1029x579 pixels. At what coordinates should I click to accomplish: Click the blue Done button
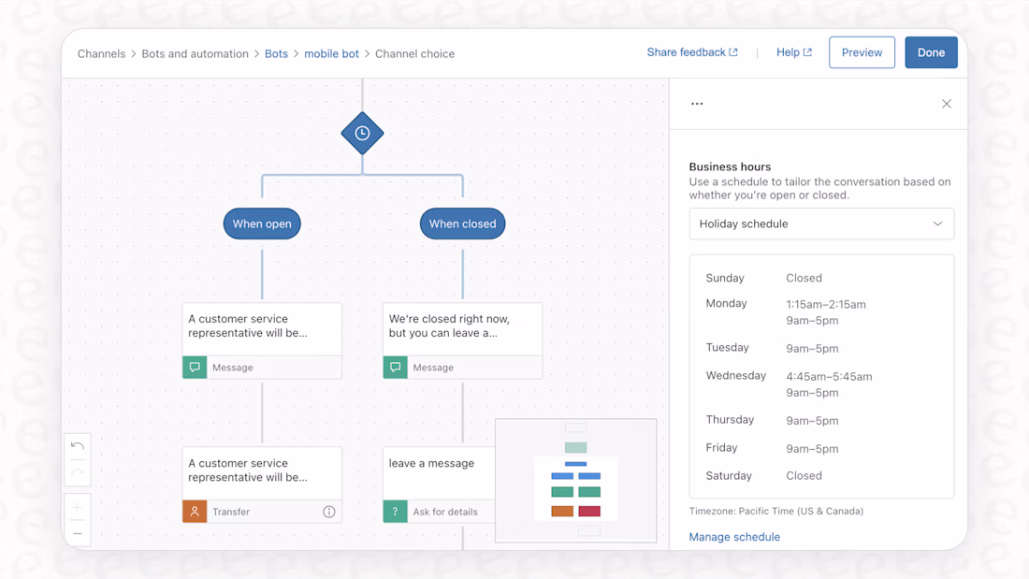tap(931, 52)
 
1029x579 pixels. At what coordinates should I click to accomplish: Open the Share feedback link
tap(692, 52)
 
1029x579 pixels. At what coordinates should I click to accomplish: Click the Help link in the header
tap(794, 52)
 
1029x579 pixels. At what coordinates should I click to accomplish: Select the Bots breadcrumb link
tap(276, 54)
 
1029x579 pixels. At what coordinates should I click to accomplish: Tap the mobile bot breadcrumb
tap(331, 54)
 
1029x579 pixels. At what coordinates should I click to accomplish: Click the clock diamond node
tap(362, 133)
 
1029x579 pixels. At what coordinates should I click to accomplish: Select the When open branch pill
tap(262, 224)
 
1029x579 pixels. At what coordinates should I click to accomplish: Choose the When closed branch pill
tap(463, 224)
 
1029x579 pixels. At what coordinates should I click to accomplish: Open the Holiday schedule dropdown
tap(821, 224)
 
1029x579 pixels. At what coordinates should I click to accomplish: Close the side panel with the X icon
tap(947, 104)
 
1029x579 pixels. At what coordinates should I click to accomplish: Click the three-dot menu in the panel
tap(697, 104)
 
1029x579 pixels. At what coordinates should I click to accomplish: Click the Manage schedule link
tap(734, 537)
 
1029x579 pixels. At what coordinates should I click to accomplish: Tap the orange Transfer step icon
tap(195, 512)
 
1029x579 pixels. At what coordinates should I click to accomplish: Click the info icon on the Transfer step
tap(328, 512)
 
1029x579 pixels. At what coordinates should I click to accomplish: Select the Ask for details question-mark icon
tap(395, 512)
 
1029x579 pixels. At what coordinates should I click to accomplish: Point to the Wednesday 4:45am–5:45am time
tap(829, 377)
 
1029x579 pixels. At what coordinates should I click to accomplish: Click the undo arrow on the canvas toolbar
tap(78, 446)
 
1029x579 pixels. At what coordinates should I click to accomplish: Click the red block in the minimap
tap(589, 512)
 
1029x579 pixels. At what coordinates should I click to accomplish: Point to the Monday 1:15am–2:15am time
tap(826, 305)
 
